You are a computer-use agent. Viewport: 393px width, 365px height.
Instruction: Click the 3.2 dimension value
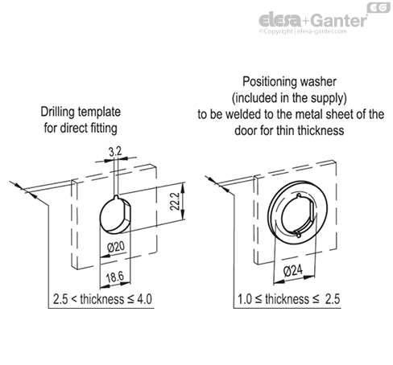[x=115, y=152]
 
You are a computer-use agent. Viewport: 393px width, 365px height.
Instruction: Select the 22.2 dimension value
[x=175, y=201]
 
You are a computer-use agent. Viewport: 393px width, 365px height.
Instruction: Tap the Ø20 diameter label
[x=116, y=247]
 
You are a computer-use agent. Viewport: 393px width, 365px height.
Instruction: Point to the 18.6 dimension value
[x=115, y=277]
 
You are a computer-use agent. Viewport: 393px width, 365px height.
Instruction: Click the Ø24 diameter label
[x=293, y=271]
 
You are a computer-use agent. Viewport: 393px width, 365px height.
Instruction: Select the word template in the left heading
[x=99, y=113]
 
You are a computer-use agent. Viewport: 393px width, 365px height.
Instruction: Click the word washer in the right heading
[x=318, y=82]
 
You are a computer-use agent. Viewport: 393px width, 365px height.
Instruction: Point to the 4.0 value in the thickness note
[x=144, y=299]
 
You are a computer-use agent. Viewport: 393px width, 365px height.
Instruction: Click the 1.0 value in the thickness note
[x=245, y=299]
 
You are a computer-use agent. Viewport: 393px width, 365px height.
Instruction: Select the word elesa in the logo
[x=280, y=20]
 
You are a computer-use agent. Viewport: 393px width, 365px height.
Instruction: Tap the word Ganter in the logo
[x=339, y=20]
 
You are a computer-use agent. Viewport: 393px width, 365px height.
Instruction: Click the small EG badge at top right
[x=379, y=7]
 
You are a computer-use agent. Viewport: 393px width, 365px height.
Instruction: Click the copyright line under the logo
[x=303, y=31]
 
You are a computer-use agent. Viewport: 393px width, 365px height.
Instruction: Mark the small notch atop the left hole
[x=116, y=198]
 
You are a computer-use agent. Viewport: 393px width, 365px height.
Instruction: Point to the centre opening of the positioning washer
[x=299, y=215]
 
